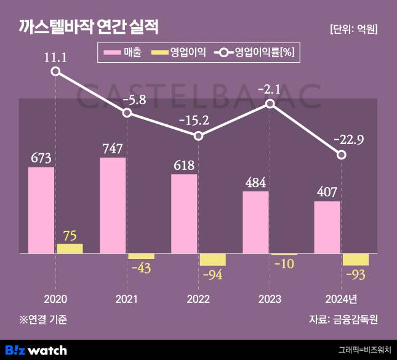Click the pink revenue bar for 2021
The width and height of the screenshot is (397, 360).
click(113, 205)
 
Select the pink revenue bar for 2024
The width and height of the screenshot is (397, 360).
click(327, 227)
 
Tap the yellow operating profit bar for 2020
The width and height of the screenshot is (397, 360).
click(70, 248)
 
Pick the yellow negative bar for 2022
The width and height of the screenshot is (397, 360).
click(212, 259)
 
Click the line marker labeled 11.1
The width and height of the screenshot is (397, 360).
click(55, 72)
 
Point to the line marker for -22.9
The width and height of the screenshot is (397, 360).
click(342, 155)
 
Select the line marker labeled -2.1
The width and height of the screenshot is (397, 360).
click(270, 105)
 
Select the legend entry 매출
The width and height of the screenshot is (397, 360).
click(124, 53)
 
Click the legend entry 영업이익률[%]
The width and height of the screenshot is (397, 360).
click(255, 53)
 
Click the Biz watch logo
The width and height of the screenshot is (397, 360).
click(37, 350)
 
